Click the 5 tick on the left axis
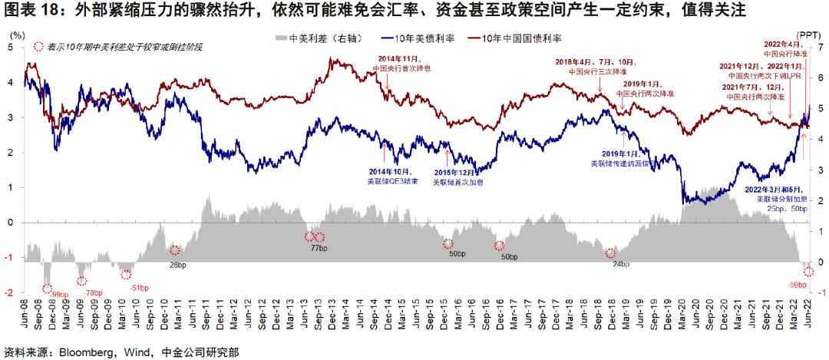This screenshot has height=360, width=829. (x=11, y=48)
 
